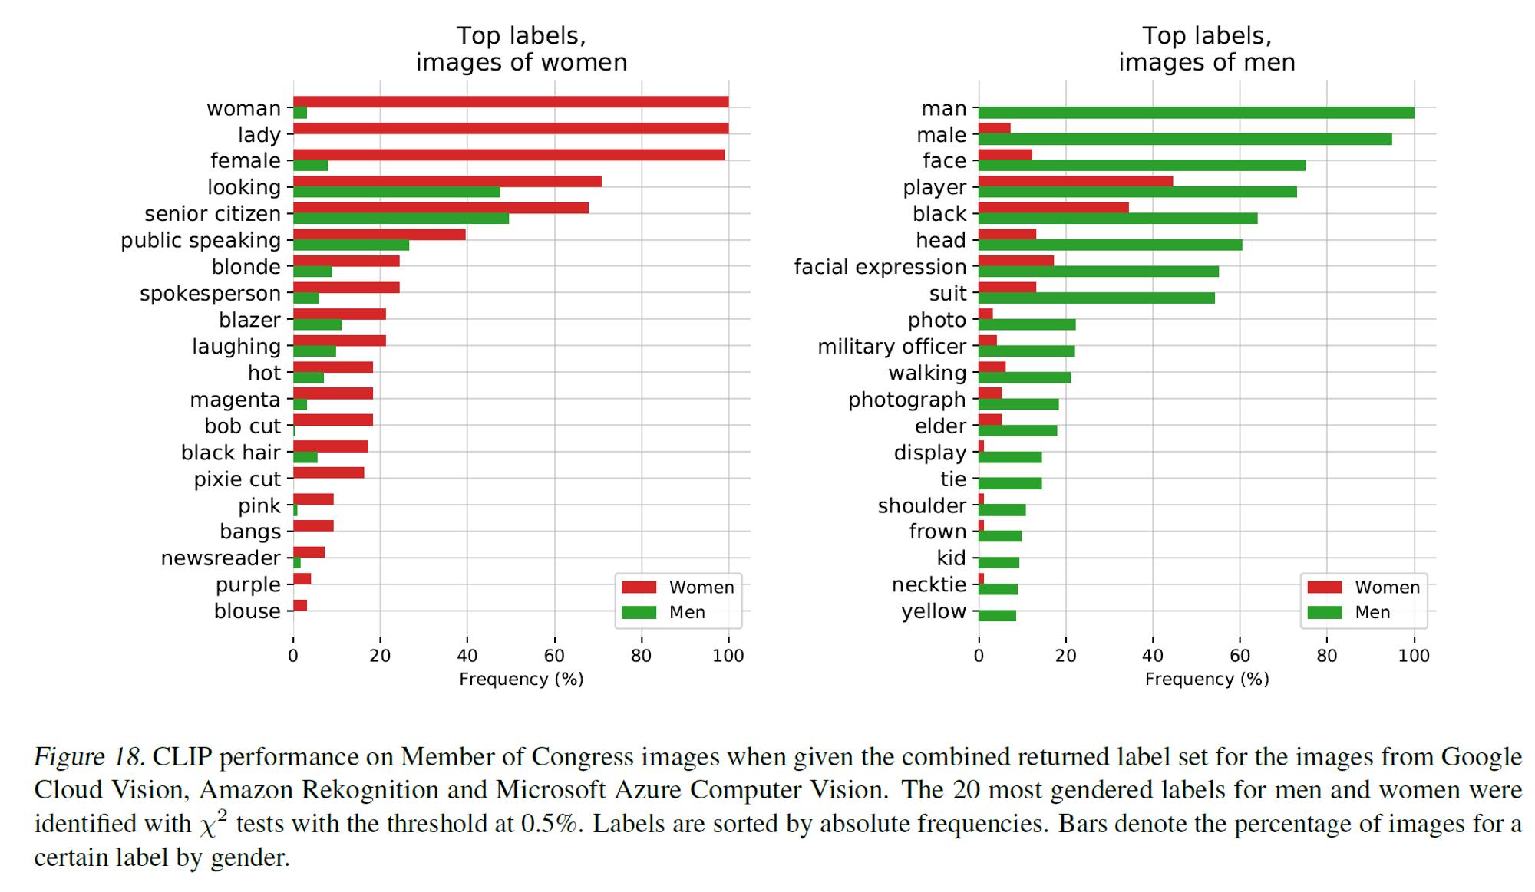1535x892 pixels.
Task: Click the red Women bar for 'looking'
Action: pos(447,182)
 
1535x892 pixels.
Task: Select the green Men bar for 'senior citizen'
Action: pos(401,219)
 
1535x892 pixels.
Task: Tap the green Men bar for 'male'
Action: pos(1184,140)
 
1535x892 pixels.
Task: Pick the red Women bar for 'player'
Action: pos(1075,182)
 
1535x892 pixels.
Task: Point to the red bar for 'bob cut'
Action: pos(332,420)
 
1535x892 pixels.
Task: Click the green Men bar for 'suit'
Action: pos(1096,298)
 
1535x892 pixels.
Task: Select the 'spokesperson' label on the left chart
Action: pos(210,294)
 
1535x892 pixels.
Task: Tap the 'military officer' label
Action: pos(891,347)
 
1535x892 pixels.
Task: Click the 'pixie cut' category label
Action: pos(236,479)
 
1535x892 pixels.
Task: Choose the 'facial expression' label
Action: pos(880,267)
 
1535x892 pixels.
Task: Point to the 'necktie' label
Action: pos(928,585)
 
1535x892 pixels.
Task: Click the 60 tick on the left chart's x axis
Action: pos(554,656)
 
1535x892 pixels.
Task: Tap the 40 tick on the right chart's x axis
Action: pos(1153,656)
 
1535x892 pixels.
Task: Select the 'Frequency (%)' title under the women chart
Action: pos(521,680)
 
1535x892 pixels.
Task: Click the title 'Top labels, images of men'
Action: pos(1207,49)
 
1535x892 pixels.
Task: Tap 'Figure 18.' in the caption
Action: pos(89,757)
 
